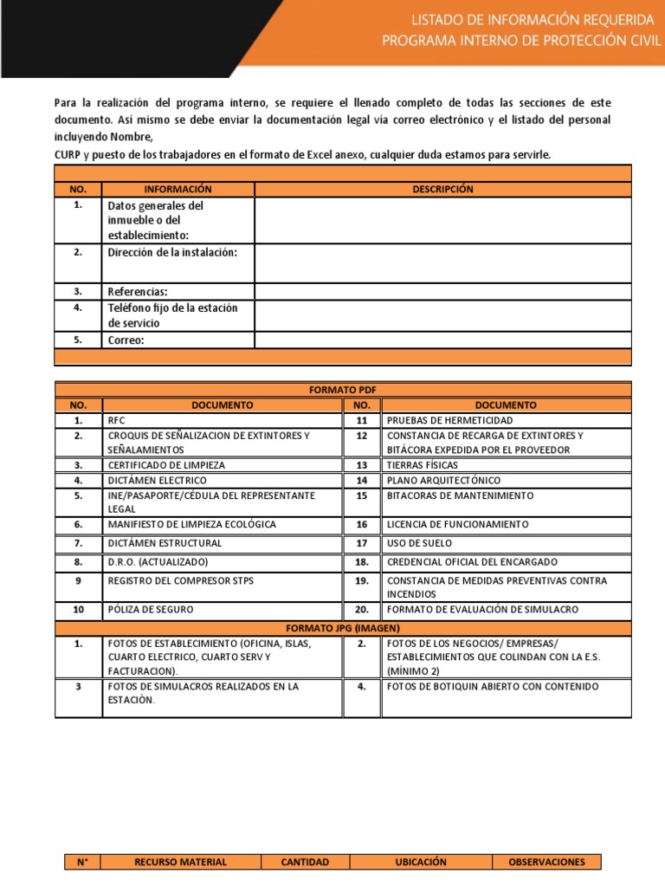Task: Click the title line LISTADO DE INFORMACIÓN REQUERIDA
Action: [x=520, y=19]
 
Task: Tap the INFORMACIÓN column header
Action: [x=178, y=189]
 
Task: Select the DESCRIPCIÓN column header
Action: [x=442, y=189]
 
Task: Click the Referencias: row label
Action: [x=138, y=292]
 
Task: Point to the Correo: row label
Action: [x=126, y=340]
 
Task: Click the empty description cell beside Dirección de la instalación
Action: [x=442, y=262]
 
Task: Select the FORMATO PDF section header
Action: [x=343, y=390]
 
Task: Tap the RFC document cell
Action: [x=117, y=420]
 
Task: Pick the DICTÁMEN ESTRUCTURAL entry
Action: [x=165, y=543]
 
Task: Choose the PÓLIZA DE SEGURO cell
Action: [x=150, y=610]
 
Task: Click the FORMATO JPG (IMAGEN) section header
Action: [x=343, y=628]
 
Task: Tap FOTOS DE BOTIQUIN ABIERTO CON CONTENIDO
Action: [x=493, y=687]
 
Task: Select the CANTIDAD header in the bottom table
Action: [x=305, y=862]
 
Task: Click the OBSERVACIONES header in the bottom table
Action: [x=546, y=862]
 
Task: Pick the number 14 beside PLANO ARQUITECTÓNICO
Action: [x=362, y=480]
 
